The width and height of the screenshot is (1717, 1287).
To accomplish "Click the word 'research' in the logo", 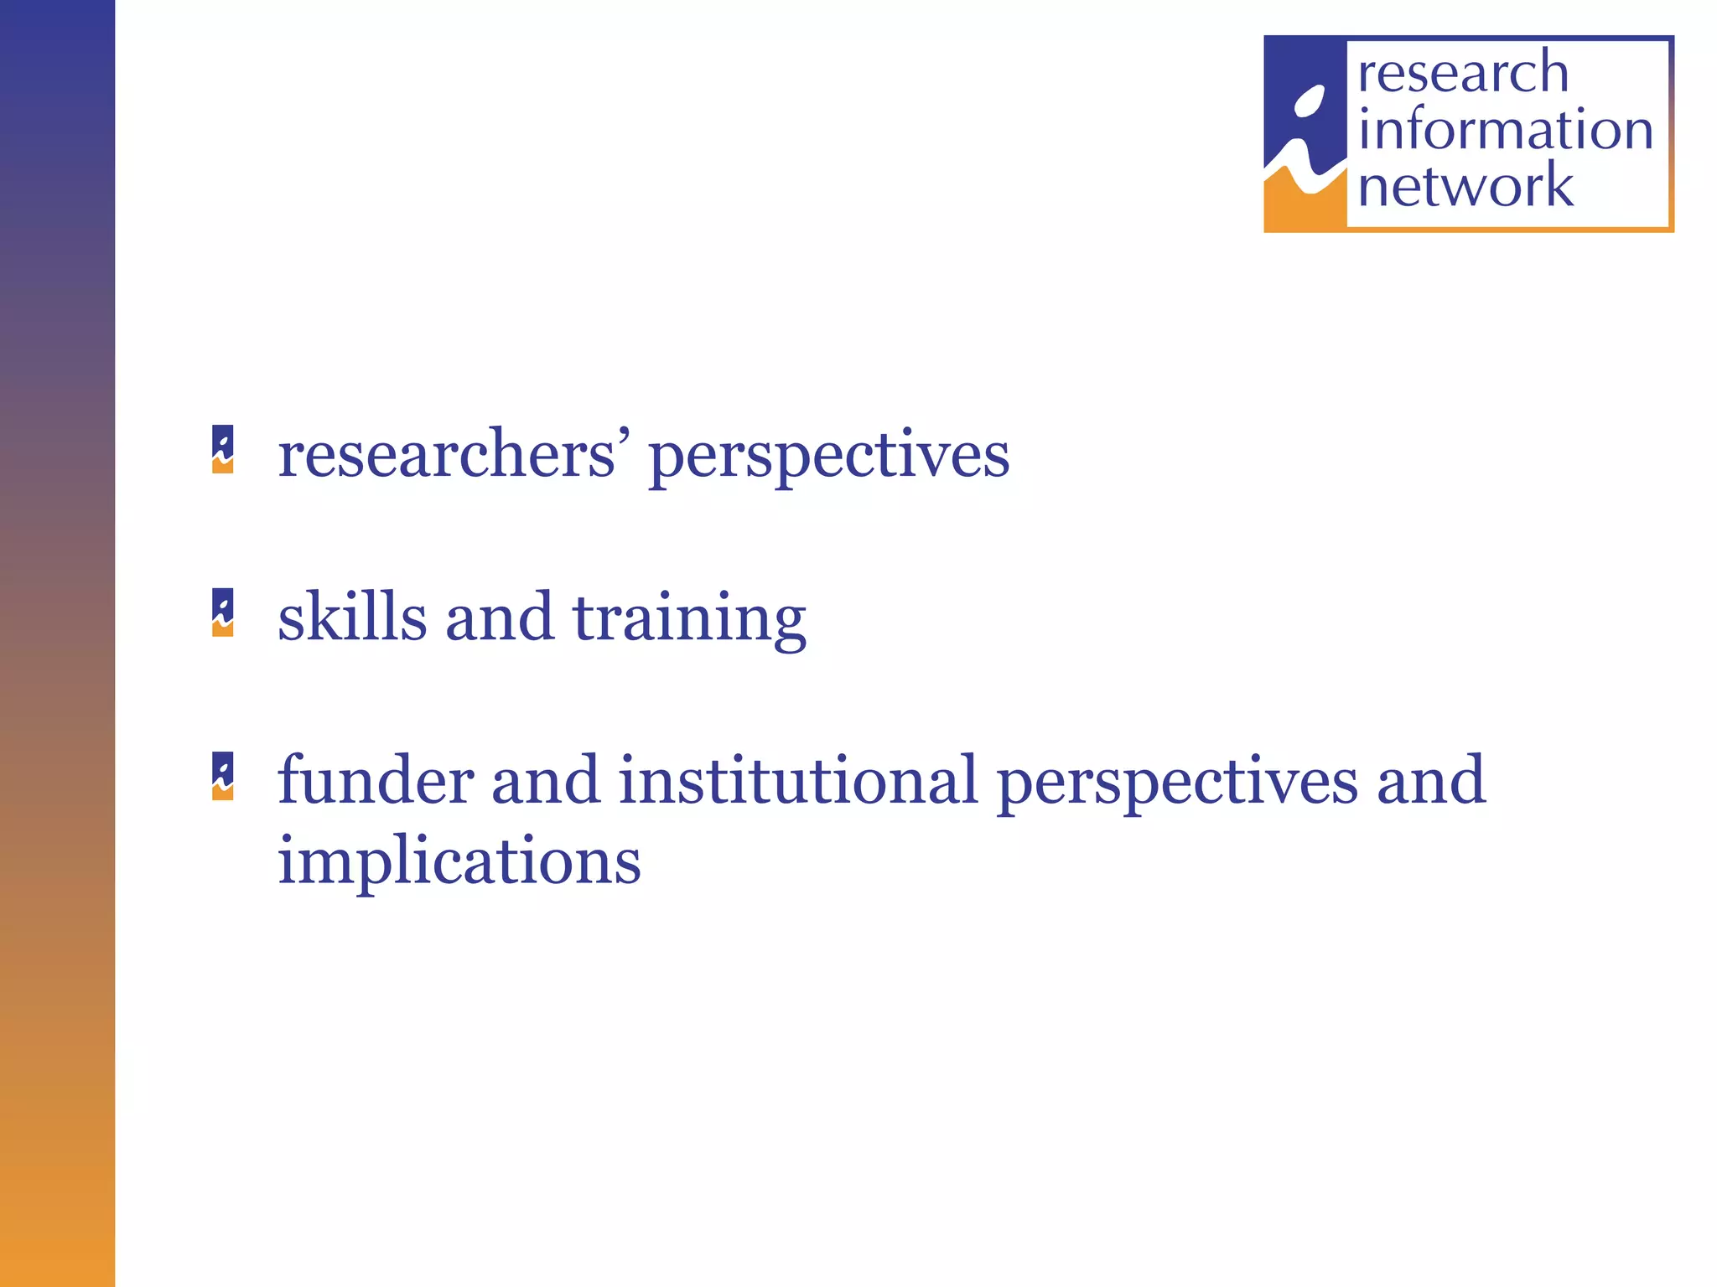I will (x=1462, y=73).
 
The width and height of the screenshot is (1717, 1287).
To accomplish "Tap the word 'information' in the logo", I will (x=1505, y=130).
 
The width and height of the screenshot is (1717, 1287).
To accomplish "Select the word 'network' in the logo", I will (x=1465, y=186).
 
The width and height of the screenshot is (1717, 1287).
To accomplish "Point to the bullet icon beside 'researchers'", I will (x=223, y=450).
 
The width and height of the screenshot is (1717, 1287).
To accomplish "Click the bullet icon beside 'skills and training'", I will (x=223, y=612).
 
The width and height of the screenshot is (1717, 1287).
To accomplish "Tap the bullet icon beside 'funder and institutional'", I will (x=223, y=776).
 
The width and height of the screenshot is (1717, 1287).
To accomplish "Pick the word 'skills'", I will (x=352, y=618).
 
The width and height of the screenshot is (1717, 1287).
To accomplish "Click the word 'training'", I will (x=688, y=621).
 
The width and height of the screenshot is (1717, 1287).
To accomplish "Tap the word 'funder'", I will (x=376, y=781).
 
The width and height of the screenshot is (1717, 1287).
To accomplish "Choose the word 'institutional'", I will (x=798, y=781).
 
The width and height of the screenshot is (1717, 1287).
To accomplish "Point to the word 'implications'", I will (x=459, y=863).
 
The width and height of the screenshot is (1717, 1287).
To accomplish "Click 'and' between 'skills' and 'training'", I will (x=499, y=618).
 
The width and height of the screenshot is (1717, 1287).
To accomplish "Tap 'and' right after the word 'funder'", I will (x=545, y=781).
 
